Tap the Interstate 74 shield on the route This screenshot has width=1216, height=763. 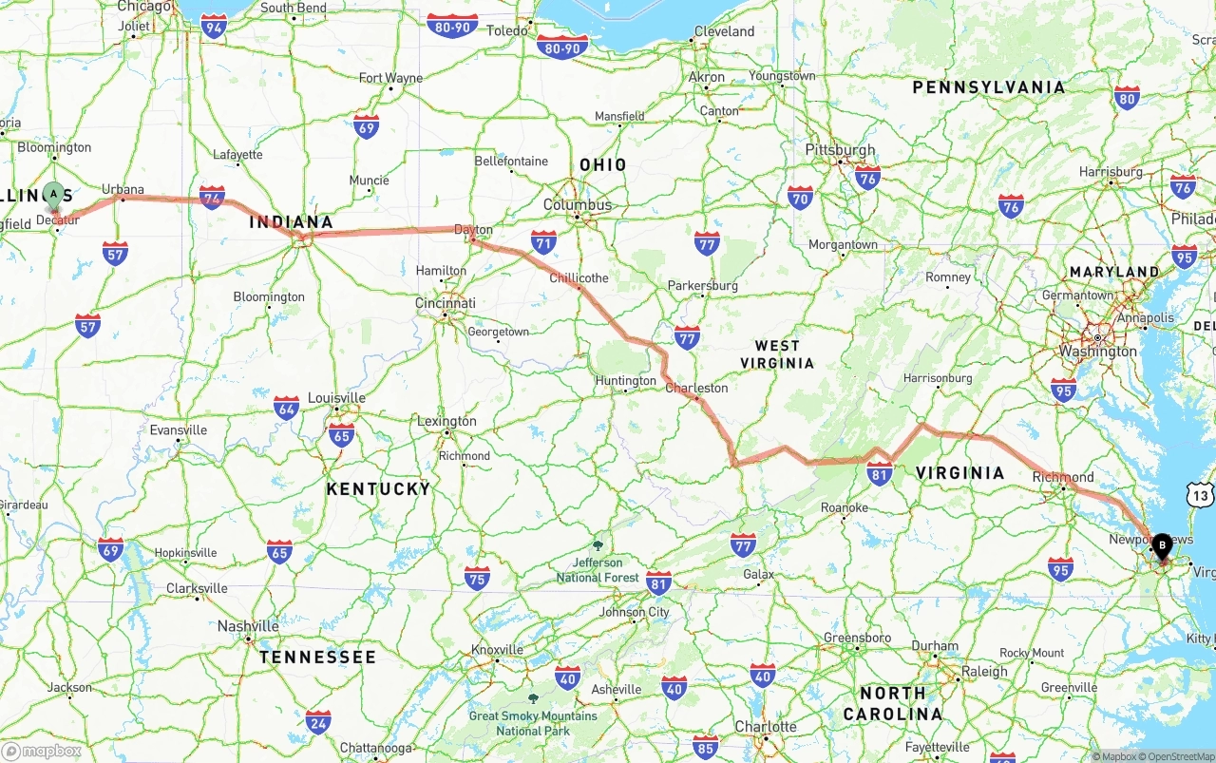click(213, 197)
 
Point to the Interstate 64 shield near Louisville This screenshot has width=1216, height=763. click(286, 409)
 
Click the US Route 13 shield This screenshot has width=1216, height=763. click(1201, 495)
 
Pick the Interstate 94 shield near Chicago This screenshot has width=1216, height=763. click(214, 26)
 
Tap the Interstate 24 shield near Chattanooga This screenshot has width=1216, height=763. click(318, 722)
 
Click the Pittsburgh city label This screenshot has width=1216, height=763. click(840, 150)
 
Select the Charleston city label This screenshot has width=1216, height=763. click(696, 388)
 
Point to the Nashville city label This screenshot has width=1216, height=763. click(248, 626)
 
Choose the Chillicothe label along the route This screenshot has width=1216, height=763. click(579, 277)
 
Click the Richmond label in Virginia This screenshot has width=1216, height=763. click(1063, 477)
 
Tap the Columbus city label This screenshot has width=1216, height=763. click(578, 204)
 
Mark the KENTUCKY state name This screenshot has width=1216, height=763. click(378, 488)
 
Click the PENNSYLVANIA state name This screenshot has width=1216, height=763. click(989, 87)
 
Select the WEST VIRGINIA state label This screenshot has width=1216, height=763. click(777, 353)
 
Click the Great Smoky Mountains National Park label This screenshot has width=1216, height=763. click(532, 722)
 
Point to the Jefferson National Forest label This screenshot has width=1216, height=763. click(598, 569)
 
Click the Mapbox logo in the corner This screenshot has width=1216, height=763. click(42, 751)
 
